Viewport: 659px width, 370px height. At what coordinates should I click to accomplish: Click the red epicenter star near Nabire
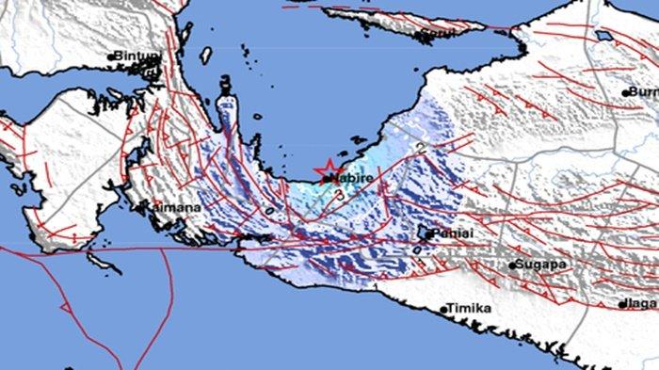click(329, 169)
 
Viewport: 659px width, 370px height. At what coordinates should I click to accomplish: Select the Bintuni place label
click(138, 56)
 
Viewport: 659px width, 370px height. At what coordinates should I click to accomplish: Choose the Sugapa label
click(542, 265)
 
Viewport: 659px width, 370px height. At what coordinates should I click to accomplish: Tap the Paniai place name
click(449, 233)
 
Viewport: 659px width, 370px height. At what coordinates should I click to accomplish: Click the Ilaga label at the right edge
click(644, 304)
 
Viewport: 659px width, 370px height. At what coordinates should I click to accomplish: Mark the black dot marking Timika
click(445, 309)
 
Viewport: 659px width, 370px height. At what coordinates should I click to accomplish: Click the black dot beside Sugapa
click(513, 265)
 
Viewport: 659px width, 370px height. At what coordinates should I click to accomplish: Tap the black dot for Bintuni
click(111, 56)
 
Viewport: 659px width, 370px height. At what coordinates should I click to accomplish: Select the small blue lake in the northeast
click(603, 37)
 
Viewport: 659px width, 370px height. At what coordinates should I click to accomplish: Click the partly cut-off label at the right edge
click(645, 92)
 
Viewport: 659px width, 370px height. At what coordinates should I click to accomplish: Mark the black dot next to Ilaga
click(623, 304)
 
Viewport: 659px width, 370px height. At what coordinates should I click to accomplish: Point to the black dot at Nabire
click(325, 177)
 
